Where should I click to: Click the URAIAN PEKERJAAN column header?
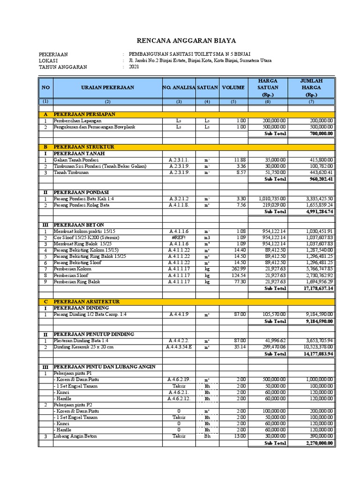pyautogui.click(x=107, y=88)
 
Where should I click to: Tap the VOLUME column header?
pyautogui.click(x=233, y=88)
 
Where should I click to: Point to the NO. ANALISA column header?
pyautogui.click(x=179, y=88)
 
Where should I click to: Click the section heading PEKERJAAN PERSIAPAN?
pyautogui.click(x=84, y=114)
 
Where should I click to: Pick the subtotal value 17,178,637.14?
pyautogui.click(x=317, y=289)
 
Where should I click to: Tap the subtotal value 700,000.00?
pyautogui.click(x=321, y=134)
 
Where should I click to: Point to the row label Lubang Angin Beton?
pyautogui.click(x=75, y=436)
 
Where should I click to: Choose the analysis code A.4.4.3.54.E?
pyautogui.click(x=179, y=347)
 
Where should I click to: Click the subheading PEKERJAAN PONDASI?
pyautogui.click(x=81, y=192)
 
